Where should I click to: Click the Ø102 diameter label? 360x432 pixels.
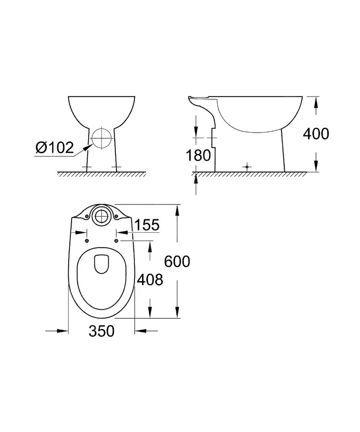point(55,148)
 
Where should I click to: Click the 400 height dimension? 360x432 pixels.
point(316,134)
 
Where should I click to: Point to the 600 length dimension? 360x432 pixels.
point(177,262)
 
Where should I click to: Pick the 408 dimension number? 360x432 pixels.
point(150,279)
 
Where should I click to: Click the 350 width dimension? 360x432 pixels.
point(101,331)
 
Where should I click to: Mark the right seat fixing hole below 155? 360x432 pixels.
point(116,240)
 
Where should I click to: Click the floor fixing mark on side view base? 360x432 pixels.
point(247,167)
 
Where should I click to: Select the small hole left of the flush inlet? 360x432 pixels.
point(86,216)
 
